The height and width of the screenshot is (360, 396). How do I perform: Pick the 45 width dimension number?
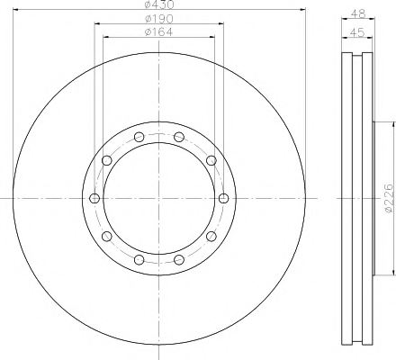pos(357,32)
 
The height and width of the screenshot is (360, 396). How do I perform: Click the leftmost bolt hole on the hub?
pos(95,199)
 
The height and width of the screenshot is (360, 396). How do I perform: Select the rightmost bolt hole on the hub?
pos(222,199)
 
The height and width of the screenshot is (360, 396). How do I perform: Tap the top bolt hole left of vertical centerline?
pos(139,138)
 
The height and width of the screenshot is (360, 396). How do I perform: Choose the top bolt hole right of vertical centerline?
pos(178,138)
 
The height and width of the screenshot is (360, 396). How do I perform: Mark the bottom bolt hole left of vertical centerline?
pos(139,259)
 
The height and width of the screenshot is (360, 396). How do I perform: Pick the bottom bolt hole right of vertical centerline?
pos(178,259)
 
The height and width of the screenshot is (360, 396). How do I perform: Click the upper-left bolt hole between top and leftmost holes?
pos(107,161)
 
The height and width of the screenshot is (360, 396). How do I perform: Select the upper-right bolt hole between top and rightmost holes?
pos(211,161)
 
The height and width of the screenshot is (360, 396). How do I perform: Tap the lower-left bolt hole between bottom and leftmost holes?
pos(107,236)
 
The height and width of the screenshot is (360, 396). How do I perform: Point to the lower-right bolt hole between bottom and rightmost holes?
pos(211,236)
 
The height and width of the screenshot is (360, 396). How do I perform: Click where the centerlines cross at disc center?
pos(158,199)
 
